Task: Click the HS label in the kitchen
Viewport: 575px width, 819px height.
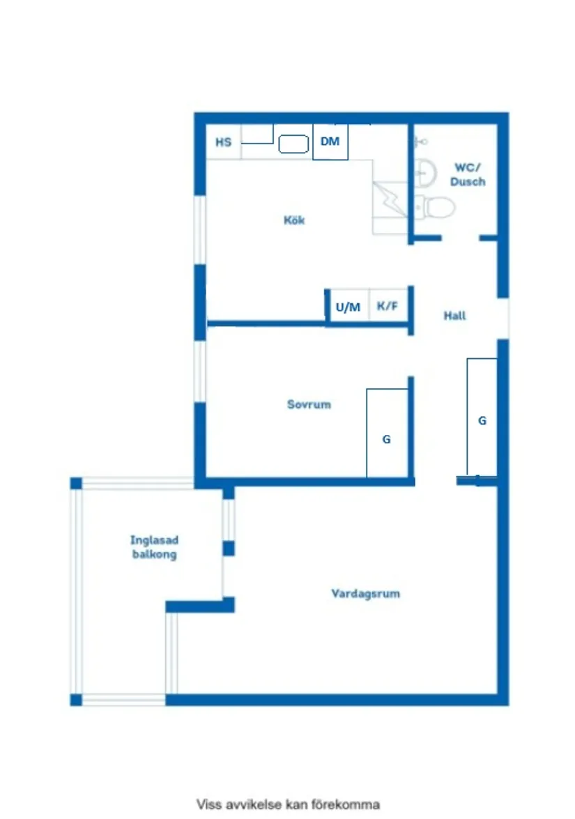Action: (x=223, y=142)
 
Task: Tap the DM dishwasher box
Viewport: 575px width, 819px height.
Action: (x=330, y=142)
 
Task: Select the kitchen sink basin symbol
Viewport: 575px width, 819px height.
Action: (x=293, y=144)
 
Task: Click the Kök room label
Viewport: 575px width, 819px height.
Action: (x=294, y=220)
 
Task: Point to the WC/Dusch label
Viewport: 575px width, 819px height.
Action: (x=468, y=174)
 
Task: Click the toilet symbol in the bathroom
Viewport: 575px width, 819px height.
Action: (x=437, y=207)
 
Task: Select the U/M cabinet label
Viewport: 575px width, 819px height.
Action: (x=348, y=307)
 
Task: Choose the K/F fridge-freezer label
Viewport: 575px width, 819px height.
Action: (x=388, y=307)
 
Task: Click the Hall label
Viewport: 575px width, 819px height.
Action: (x=454, y=316)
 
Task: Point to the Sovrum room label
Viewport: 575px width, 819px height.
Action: (x=309, y=404)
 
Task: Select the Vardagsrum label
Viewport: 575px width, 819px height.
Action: (x=365, y=594)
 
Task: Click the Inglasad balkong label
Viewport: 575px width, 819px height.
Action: (x=154, y=547)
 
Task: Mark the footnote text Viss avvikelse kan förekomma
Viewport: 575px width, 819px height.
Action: (x=288, y=804)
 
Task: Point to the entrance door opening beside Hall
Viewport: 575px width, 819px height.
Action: (x=503, y=319)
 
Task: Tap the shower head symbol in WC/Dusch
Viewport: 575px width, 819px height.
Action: (x=420, y=142)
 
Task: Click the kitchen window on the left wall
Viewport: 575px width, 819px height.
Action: (x=200, y=229)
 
